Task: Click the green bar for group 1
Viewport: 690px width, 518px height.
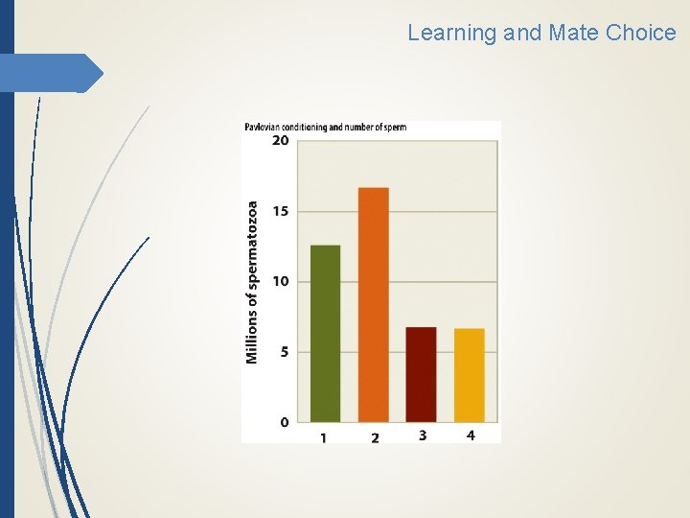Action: tap(325, 334)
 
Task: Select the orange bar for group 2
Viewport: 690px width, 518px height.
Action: tap(373, 305)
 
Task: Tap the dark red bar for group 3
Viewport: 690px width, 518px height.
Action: tap(421, 374)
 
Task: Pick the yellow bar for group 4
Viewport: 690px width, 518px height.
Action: tap(469, 375)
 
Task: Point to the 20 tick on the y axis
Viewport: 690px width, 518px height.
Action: tap(280, 140)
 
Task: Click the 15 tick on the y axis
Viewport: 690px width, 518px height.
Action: tap(280, 211)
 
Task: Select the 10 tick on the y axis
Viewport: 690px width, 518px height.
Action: tap(280, 281)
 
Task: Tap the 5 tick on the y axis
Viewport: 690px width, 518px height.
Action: tap(283, 352)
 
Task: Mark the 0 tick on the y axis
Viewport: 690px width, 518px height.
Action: tap(283, 422)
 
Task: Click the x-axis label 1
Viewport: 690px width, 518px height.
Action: tap(324, 437)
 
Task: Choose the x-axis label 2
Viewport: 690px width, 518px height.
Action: tap(374, 437)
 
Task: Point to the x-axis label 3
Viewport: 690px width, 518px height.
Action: tap(422, 436)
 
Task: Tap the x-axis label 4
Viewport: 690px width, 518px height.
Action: tap(470, 436)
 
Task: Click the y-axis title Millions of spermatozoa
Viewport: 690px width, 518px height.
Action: tap(253, 282)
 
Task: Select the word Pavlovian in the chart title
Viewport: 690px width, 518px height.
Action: tap(265, 127)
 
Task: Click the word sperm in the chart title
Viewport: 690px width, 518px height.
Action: tap(394, 127)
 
